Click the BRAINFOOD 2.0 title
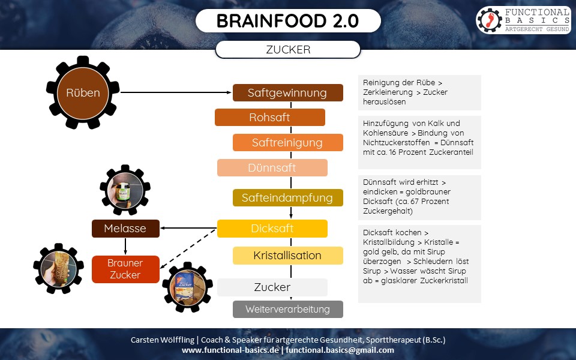click(288, 21)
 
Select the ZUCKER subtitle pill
click(288, 50)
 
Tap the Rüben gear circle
click(83, 92)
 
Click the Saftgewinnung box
click(287, 93)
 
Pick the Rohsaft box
click(270, 118)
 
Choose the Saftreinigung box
click(287, 143)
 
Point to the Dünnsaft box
click(272, 168)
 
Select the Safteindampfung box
click(287, 197)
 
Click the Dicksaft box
click(272, 229)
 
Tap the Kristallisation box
click(287, 256)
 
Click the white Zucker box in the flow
click(272, 287)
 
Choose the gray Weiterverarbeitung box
click(287, 310)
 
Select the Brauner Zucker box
click(125, 269)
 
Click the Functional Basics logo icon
click(490, 20)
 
